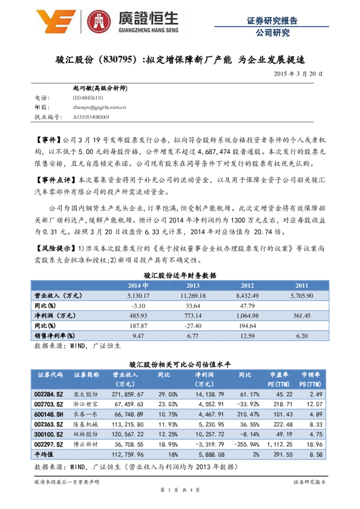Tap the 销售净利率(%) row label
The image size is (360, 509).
click(x=54, y=335)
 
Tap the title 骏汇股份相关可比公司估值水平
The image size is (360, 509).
click(x=180, y=365)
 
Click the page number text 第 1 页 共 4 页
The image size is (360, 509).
click(x=180, y=490)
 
